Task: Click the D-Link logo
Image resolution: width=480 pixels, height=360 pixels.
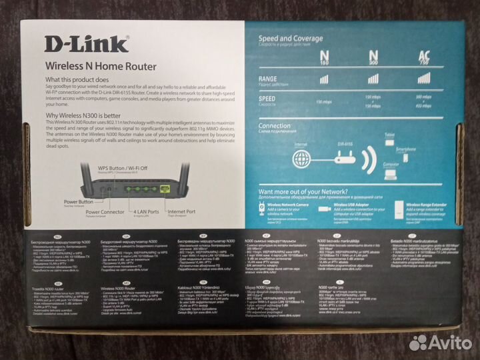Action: pyautogui.click(x=86, y=44)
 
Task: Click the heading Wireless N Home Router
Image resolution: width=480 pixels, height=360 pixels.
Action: pyautogui.click(x=100, y=66)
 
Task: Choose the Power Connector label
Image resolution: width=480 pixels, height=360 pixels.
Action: pyautogui.click(x=105, y=211)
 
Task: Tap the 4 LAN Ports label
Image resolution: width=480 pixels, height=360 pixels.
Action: pyautogui.click(x=146, y=211)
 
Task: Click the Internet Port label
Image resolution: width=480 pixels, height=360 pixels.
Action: pyautogui.click(x=181, y=211)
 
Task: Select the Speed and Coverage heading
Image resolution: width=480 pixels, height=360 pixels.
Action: pyautogui.click(x=290, y=39)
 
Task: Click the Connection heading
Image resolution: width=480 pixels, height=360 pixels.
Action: pyautogui.click(x=275, y=125)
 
